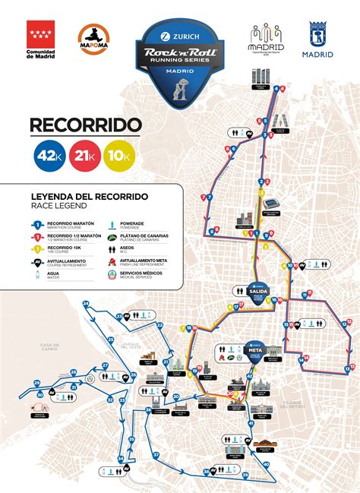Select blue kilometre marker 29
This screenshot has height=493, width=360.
pos(74,371)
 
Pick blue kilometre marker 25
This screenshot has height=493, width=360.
pos(110,340)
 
